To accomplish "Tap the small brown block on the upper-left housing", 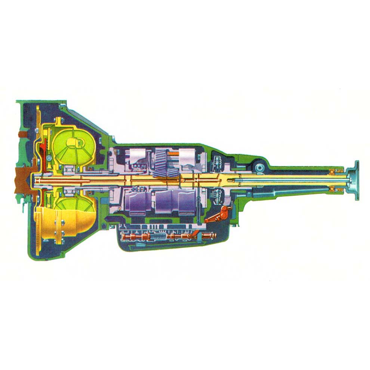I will [23, 133].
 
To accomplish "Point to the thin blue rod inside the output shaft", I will [292, 181].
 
